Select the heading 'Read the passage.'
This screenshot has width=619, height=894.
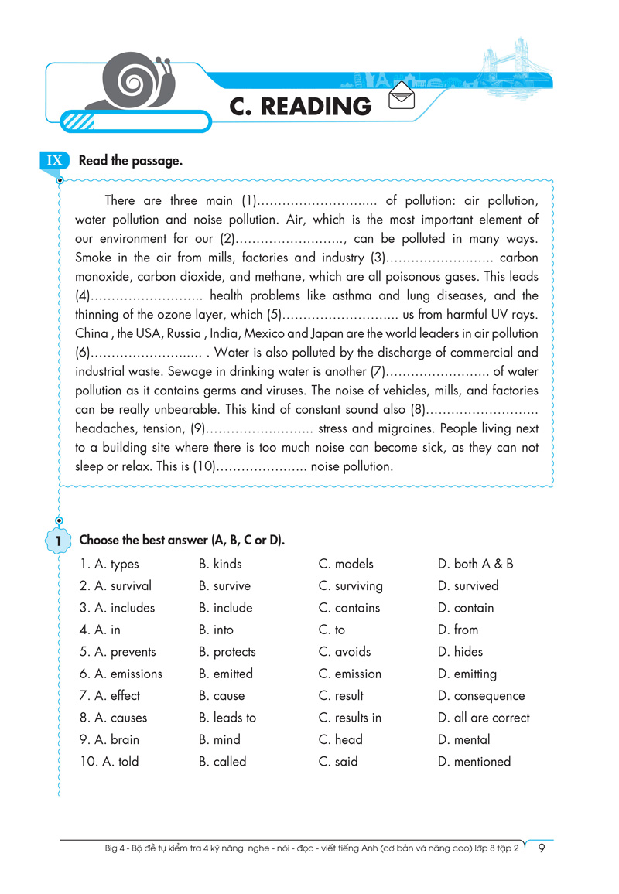pyautogui.click(x=130, y=161)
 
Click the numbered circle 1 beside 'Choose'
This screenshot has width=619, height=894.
pyautogui.click(x=58, y=541)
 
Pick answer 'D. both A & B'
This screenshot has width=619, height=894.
pyautogui.click(x=475, y=564)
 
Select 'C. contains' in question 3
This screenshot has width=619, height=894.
pyautogui.click(x=349, y=608)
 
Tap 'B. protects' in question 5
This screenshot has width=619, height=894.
pyautogui.click(x=227, y=652)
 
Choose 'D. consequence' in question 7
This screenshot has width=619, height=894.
pyautogui.click(x=480, y=696)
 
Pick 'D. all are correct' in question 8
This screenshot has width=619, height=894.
pyautogui.click(x=484, y=718)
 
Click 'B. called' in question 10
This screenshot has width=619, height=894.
pyautogui.click(x=222, y=762)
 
